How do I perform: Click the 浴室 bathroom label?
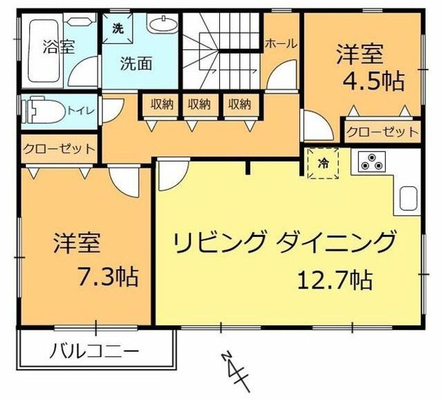[x=59, y=47]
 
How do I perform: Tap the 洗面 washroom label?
[x=136, y=63]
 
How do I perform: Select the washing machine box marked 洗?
[x=117, y=28]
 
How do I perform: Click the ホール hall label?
[x=281, y=44]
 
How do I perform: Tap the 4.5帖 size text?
[x=374, y=81]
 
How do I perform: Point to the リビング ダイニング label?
[x=284, y=241]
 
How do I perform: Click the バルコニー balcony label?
[x=94, y=352]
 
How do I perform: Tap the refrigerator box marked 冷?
[x=323, y=163]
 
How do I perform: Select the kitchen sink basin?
[x=408, y=199]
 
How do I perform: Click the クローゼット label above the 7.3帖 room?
[x=59, y=149]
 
